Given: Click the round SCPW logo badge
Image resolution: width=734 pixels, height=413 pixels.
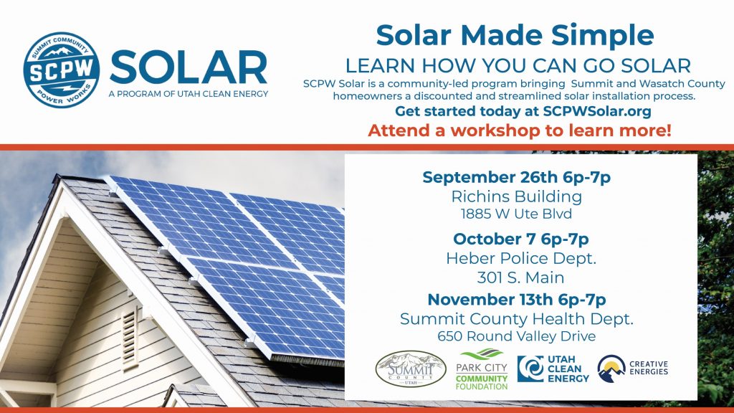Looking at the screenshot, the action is click(x=62, y=70).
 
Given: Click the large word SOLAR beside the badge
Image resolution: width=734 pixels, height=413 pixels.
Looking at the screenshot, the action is click(x=189, y=68).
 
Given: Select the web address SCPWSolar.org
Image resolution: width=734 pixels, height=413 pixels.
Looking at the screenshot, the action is click(x=597, y=111).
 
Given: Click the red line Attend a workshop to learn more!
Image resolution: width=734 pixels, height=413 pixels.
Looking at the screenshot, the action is click(x=520, y=130).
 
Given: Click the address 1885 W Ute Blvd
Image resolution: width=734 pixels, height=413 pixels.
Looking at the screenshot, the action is click(x=516, y=214).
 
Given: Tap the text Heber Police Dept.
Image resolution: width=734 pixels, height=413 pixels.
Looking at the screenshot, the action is click(x=521, y=258).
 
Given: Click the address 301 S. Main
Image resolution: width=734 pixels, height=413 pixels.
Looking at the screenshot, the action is click(x=520, y=277).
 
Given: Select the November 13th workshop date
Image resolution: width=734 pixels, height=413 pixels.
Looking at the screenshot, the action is click(x=487, y=300).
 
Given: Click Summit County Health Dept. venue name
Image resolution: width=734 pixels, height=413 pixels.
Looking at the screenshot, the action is click(x=517, y=319).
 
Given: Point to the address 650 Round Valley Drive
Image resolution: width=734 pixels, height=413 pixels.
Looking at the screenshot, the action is click(x=517, y=336).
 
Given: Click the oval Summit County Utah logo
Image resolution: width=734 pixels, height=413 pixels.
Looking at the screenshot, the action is click(x=411, y=369).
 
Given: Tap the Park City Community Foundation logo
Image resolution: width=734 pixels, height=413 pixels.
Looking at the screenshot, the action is click(x=482, y=369).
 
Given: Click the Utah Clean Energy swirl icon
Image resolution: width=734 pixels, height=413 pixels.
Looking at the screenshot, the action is click(x=530, y=369).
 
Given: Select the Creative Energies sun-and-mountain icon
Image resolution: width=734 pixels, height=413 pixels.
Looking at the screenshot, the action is click(x=611, y=369).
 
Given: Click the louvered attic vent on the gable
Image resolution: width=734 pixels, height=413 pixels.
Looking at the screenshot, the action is click(x=130, y=338).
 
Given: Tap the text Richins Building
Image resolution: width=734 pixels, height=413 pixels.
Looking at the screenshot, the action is click(x=516, y=196).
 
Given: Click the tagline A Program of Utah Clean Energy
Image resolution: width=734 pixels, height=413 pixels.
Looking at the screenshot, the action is click(x=189, y=94).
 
